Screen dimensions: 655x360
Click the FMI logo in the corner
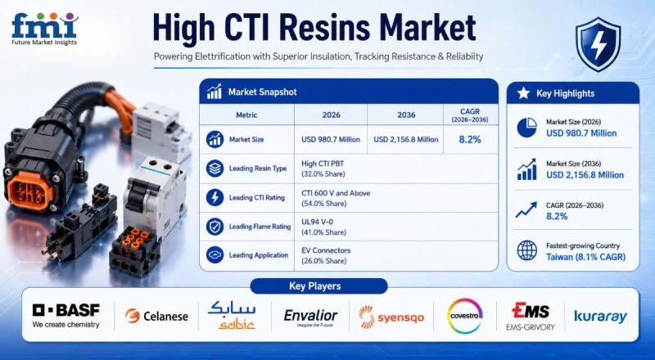click(45, 29)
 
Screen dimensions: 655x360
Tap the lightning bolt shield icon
click(599, 44)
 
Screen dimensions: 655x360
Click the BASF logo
click(66, 315)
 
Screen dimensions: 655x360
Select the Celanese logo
click(156, 316)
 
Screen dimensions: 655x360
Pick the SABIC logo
click(232, 315)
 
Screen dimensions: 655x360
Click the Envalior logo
click(310, 317)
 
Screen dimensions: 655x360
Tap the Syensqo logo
click(391, 317)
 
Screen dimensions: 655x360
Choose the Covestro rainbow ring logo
click(464, 316)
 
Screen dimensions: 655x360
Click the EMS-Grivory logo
click(531, 317)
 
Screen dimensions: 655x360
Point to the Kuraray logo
click(601, 317)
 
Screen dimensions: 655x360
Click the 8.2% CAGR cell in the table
click(470, 139)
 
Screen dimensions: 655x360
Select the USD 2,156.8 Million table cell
click(405, 139)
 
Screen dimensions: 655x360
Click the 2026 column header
click(332, 115)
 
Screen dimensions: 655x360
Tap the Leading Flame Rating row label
click(260, 227)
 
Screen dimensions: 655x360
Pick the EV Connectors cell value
click(326, 250)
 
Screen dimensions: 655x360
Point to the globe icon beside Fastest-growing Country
click(526, 250)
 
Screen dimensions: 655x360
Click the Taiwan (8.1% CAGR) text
click(585, 257)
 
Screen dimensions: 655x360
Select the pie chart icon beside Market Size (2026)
click(526, 128)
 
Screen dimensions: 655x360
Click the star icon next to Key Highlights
click(523, 93)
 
